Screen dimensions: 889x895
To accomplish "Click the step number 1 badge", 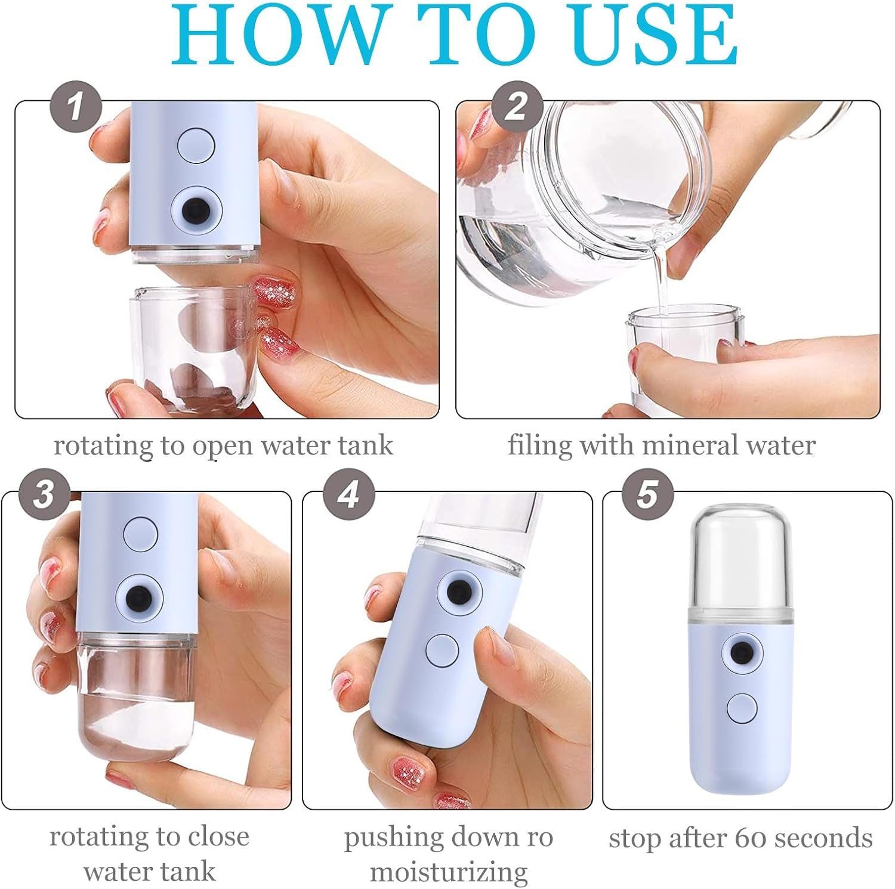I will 75,107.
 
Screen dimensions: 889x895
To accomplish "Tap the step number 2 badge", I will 517,107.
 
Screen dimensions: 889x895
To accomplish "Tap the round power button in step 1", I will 196,145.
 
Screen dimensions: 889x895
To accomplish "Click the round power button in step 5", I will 742,708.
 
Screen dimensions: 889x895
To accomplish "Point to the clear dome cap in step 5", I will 740,555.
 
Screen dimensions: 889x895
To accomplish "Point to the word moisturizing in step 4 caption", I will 449,872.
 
